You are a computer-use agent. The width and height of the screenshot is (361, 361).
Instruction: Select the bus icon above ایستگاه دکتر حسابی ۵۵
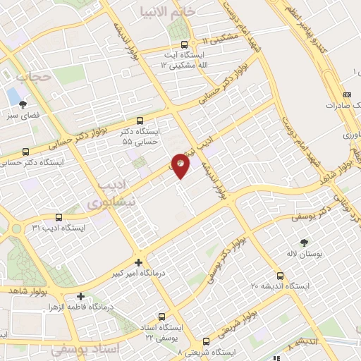click(x=140, y=121)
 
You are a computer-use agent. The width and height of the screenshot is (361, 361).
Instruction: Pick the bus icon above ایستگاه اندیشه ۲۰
click(x=280, y=275)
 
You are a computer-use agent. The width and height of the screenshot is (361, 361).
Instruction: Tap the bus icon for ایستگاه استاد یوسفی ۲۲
click(x=163, y=317)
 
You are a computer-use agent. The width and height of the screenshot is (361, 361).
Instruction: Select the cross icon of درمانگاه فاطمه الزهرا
click(x=81, y=296)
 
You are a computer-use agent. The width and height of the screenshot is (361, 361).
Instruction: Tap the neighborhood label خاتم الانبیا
click(x=167, y=11)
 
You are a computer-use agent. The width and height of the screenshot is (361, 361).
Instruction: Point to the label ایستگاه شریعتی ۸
click(x=209, y=351)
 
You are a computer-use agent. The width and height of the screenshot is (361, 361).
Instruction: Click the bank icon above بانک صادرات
click(x=347, y=94)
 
